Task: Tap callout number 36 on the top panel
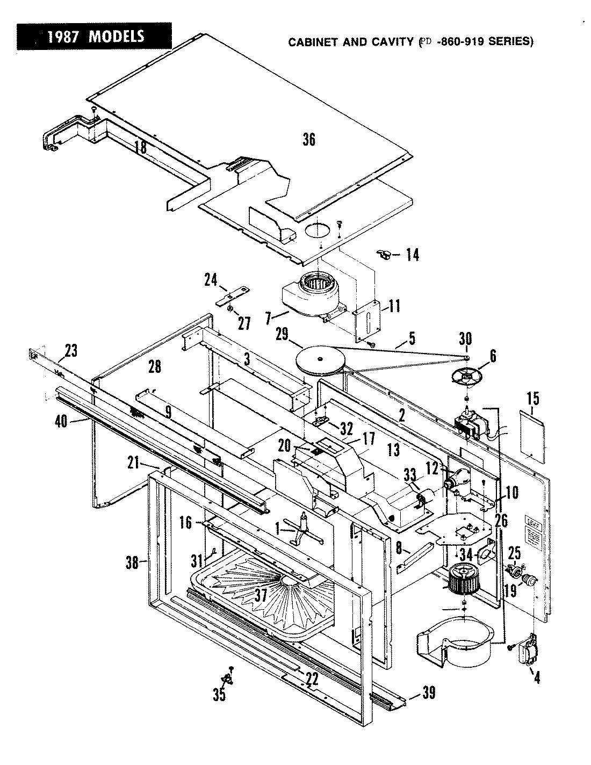point(308,139)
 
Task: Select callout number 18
point(140,147)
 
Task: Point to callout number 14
point(412,254)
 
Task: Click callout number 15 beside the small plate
point(532,399)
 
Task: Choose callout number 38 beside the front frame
point(132,562)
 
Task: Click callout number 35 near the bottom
point(219,695)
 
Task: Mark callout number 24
point(211,279)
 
